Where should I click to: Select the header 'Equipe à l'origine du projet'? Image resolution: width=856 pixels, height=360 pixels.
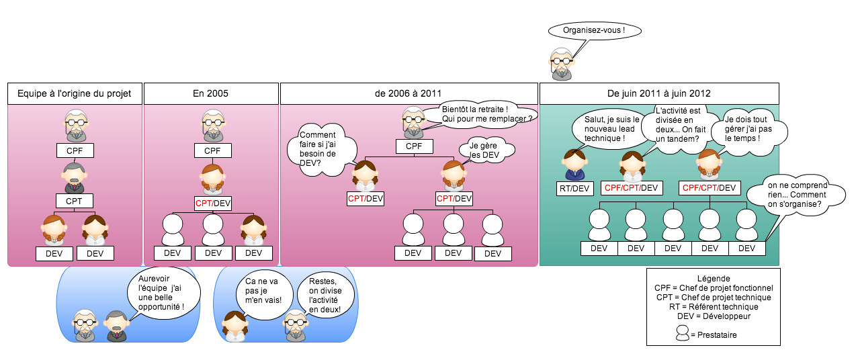coord(75,93)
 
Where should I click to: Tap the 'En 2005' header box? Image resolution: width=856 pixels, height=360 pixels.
coord(210,93)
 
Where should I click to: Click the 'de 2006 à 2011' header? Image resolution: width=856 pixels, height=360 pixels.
coord(409,93)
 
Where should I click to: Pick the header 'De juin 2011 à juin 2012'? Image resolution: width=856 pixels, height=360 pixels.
coord(658,93)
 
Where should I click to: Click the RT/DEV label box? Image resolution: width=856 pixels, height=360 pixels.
coord(574,189)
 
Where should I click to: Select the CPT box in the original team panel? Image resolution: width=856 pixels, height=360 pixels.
coord(74,200)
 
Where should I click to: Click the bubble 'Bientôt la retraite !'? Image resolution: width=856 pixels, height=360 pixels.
coord(487,114)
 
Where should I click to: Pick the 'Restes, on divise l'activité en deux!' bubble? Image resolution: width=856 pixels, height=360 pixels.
coord(325,296)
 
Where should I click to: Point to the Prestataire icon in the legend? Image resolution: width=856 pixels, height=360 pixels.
coord(683,333)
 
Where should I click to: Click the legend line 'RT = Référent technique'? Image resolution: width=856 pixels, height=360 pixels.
coord(714,306)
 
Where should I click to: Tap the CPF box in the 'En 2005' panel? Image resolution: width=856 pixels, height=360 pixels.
coord(212,151)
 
